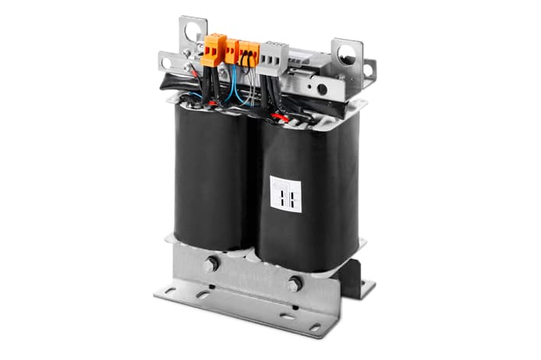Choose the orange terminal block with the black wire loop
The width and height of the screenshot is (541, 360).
(248, 54)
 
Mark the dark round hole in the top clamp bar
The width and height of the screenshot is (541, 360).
(321, 89)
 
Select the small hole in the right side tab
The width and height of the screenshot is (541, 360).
(366, 71)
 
